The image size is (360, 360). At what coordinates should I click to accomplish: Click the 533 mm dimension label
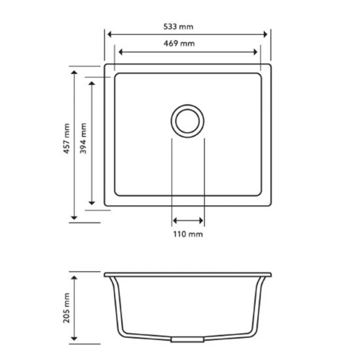(x=189, y=27)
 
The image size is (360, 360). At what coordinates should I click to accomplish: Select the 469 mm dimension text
(x=189, y=44)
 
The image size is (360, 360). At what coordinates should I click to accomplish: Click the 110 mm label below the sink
(x=189, y=234)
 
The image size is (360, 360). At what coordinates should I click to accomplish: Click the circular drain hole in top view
(x=189, y=120)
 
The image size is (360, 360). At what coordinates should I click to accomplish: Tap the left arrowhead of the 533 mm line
(x=109, y=35)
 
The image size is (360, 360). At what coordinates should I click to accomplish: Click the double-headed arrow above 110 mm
(x=189, y=221)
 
